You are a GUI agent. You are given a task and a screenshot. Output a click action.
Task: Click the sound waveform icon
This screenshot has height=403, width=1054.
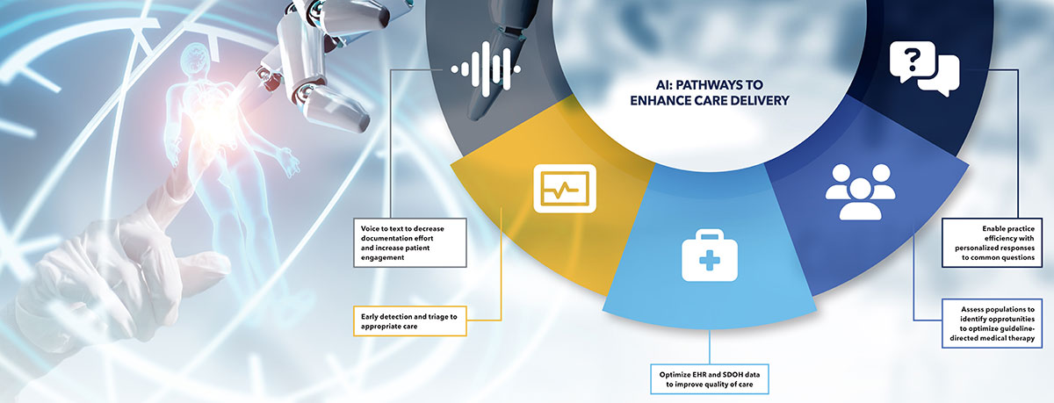click(x=486, y=69)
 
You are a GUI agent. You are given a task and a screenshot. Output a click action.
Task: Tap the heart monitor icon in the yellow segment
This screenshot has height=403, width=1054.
click(x=565, y=189)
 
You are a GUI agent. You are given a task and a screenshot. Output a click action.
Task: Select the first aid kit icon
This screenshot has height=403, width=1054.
click(x=710, y=255)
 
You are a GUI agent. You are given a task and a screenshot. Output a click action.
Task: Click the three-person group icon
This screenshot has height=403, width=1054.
click(x=861, y=192)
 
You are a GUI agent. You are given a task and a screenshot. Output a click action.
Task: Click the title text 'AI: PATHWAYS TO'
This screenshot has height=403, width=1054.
click(x=710, y=85)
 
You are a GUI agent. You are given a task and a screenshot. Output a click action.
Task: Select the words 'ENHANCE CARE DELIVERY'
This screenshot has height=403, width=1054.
click(x=710, y=101)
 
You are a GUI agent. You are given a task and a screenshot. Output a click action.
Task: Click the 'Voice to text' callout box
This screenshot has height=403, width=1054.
click(x=410, y=242)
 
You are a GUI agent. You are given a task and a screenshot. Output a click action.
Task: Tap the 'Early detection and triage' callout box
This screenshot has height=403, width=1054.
click(x=410, y=321)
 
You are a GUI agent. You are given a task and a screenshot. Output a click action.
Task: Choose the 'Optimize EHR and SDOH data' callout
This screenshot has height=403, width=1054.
click(x=710, y=379)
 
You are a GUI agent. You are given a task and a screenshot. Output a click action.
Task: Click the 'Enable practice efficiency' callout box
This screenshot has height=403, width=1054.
click(x=992, y=242)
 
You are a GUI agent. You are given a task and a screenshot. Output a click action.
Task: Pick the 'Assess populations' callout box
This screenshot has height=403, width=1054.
click(x=992, y=323)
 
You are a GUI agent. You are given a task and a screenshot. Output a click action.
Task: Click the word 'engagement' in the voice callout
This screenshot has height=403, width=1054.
click(x=383, y=258)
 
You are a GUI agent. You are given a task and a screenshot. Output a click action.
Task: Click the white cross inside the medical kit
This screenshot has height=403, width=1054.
click(x=710, y=260)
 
